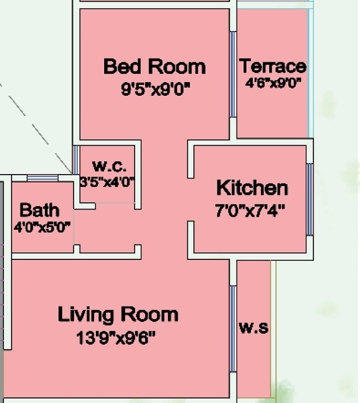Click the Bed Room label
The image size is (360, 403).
pyautogui.click(x=155, y=67)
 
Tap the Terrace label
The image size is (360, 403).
pyautogui.click(x=272, y=66)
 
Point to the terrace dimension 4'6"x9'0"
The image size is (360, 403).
pyautogui.click(x=273, y=83)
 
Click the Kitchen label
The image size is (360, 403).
pyautogui.click(x=252, y=188)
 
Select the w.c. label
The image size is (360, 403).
pyautogui.click(x=109, y=165)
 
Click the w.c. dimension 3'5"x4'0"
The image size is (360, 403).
pyautogui.click(x=107, y=182)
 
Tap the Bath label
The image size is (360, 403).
pyautogui.click(x=39, y=210)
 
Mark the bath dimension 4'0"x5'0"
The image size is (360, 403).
pyautogui.click(x=42, y=227)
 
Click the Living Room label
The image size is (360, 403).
pyautogui.click(x=118, y=314)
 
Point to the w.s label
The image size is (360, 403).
pyautogui.click(x=254, y=328)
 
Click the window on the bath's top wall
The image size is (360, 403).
pyautogui.click(x=43, y=178)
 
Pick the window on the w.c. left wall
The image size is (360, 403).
pyautogui.click(x=75, y=160)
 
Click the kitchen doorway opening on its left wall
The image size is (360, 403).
pyautogui.click(x=191, y=200)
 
